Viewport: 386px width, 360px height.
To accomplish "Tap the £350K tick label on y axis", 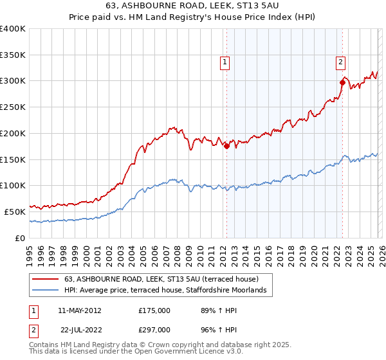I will click(13, 55).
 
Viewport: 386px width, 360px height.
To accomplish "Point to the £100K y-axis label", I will click(13, 185).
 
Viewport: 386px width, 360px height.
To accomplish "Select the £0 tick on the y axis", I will click(21, 238).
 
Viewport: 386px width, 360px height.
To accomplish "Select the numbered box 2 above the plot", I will click(340, 62).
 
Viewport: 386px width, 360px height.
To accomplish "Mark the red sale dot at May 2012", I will click(226, 146).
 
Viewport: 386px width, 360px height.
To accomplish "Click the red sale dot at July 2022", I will click(342, 82).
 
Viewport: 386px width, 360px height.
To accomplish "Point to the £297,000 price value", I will click(154, 329).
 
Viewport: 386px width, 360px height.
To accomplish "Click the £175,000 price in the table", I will click(154, 310).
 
